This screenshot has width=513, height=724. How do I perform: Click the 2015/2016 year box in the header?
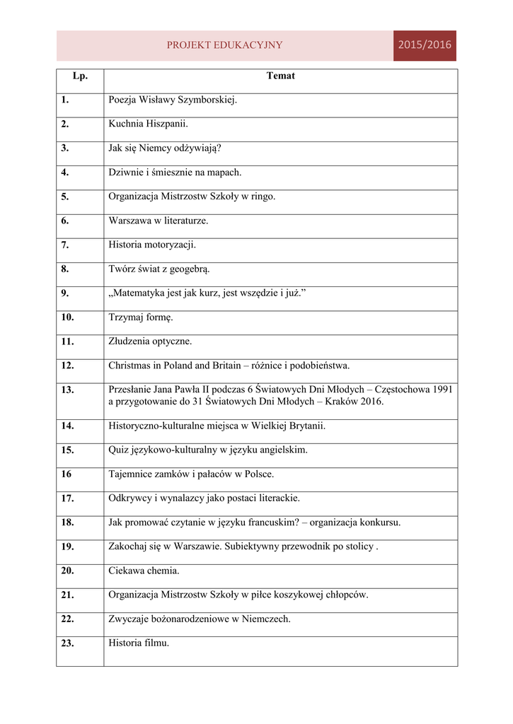pos(425,45)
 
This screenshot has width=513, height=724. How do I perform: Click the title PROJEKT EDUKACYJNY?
pos(224,45)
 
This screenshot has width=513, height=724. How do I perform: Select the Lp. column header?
pos(79,76)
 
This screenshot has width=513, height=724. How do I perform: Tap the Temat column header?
pos(280,76)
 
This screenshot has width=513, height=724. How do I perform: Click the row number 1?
pos(65,100)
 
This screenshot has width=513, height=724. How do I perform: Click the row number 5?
pos(65,197)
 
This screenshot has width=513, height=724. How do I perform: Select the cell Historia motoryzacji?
pos(152,245)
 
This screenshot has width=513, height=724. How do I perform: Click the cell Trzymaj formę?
pos(140,317)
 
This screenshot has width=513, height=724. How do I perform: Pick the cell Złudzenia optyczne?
pos(150,341)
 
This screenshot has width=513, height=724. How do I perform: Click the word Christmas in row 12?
pos(130,366)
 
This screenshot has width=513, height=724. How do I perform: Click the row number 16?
pos(66,474)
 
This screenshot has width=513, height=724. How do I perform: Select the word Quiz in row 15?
pos(118,450)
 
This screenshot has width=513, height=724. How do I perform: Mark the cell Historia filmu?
pos(139,643)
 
